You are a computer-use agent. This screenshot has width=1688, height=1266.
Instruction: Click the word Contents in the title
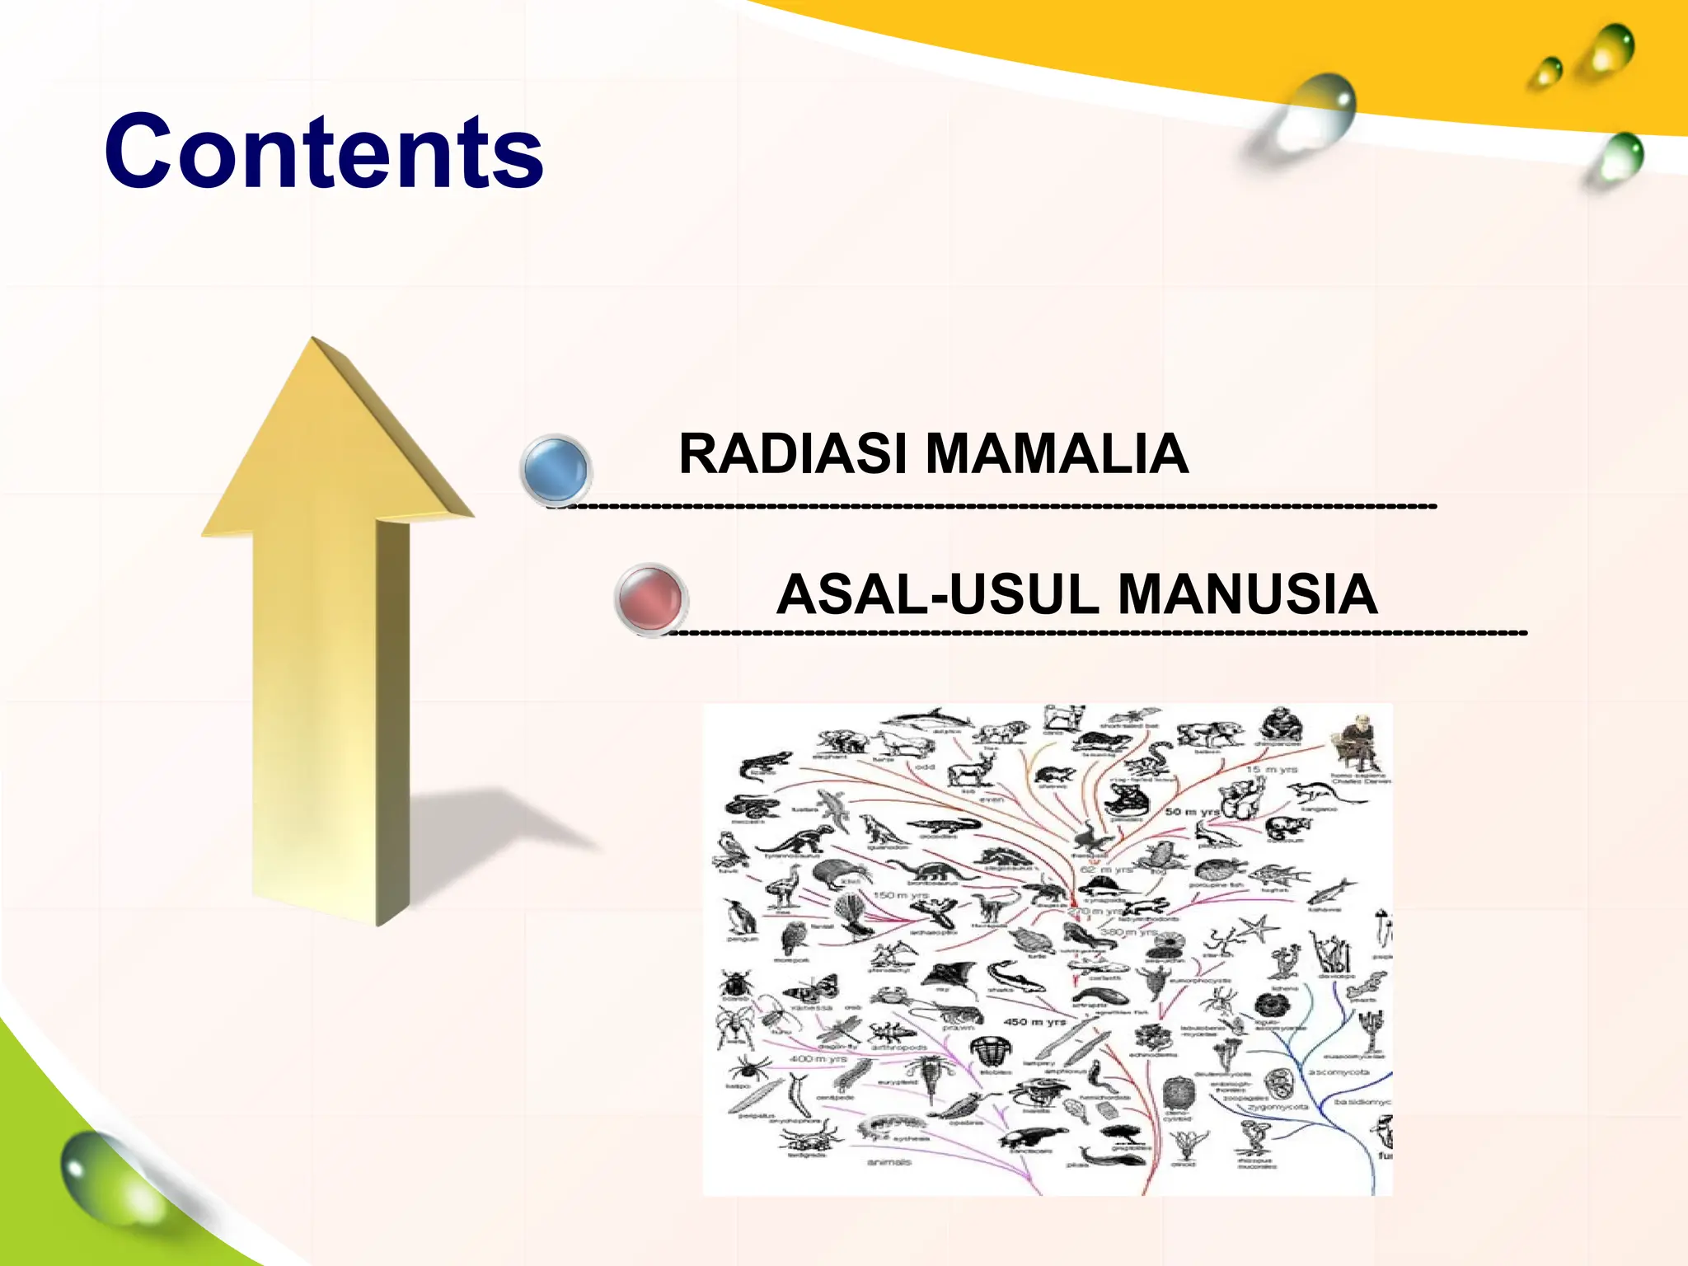(323, 152)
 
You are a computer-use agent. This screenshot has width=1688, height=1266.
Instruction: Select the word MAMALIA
(1057, 454)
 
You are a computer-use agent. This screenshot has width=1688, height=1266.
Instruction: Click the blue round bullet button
(556, 468)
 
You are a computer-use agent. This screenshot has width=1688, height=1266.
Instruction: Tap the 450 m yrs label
(1034, 1021)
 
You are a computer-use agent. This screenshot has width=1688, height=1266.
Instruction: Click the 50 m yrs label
(1191, 812)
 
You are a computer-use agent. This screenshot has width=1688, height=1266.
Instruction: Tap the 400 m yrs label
(818, 1058)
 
